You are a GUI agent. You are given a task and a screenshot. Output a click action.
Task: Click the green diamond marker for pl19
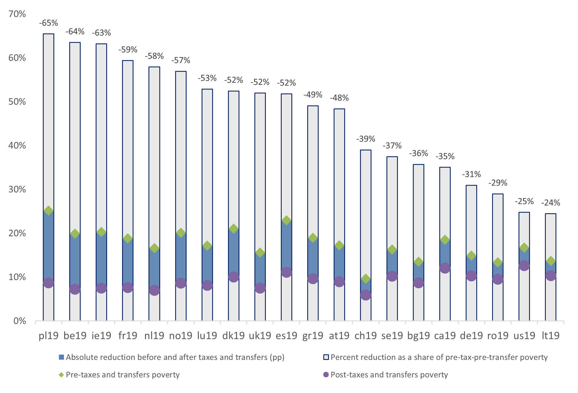click(x=48, y=210)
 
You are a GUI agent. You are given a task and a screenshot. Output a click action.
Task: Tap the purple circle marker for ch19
click(x=366, y=295)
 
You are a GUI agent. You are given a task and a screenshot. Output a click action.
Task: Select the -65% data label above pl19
click(x=48, y=23)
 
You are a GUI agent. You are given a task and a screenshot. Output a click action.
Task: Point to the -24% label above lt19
click(x=550, y=203)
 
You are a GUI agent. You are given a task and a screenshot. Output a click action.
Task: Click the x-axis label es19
click(x=286, y=335)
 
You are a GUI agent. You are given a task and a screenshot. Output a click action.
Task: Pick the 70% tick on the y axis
click(x=17, y=14)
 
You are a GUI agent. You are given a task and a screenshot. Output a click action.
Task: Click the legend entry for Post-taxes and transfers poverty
click(x=389, y=375)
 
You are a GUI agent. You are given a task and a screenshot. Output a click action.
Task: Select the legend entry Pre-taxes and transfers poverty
click(x=122, y=375)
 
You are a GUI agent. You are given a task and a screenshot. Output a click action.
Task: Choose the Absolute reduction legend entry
click(x=175, y=357)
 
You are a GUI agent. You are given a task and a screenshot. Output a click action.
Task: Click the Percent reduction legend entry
click(x=439, y=357)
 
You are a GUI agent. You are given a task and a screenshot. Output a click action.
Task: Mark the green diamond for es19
click(x=286, y=220)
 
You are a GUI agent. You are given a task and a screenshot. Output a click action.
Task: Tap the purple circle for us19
click(x=524, y=265)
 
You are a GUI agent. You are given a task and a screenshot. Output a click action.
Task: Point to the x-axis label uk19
click(x=260, y=335)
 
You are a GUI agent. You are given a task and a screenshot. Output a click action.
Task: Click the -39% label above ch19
click(x=366, y=139)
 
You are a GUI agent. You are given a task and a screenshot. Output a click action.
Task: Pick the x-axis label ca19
click(x=445, y=335)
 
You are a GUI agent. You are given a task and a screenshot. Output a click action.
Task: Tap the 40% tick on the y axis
click(x=17, y=145)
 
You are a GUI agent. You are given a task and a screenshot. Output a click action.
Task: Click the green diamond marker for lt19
click(x=550, y=261)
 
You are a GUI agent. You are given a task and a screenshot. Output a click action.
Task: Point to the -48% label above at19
click(x=339, y=98)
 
